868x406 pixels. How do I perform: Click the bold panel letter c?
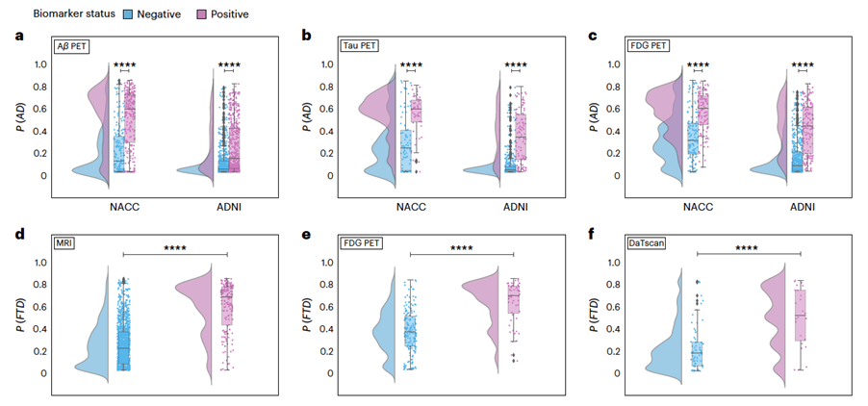[593, 36]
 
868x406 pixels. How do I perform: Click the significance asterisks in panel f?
[748, 247]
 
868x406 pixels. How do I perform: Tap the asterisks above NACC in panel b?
[412, 65]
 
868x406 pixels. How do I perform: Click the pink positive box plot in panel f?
[800, 314]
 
